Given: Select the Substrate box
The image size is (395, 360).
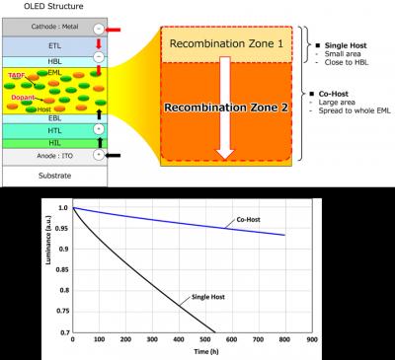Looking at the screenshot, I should point(49,177).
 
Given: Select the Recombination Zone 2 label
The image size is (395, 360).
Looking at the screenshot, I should point(228,107).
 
